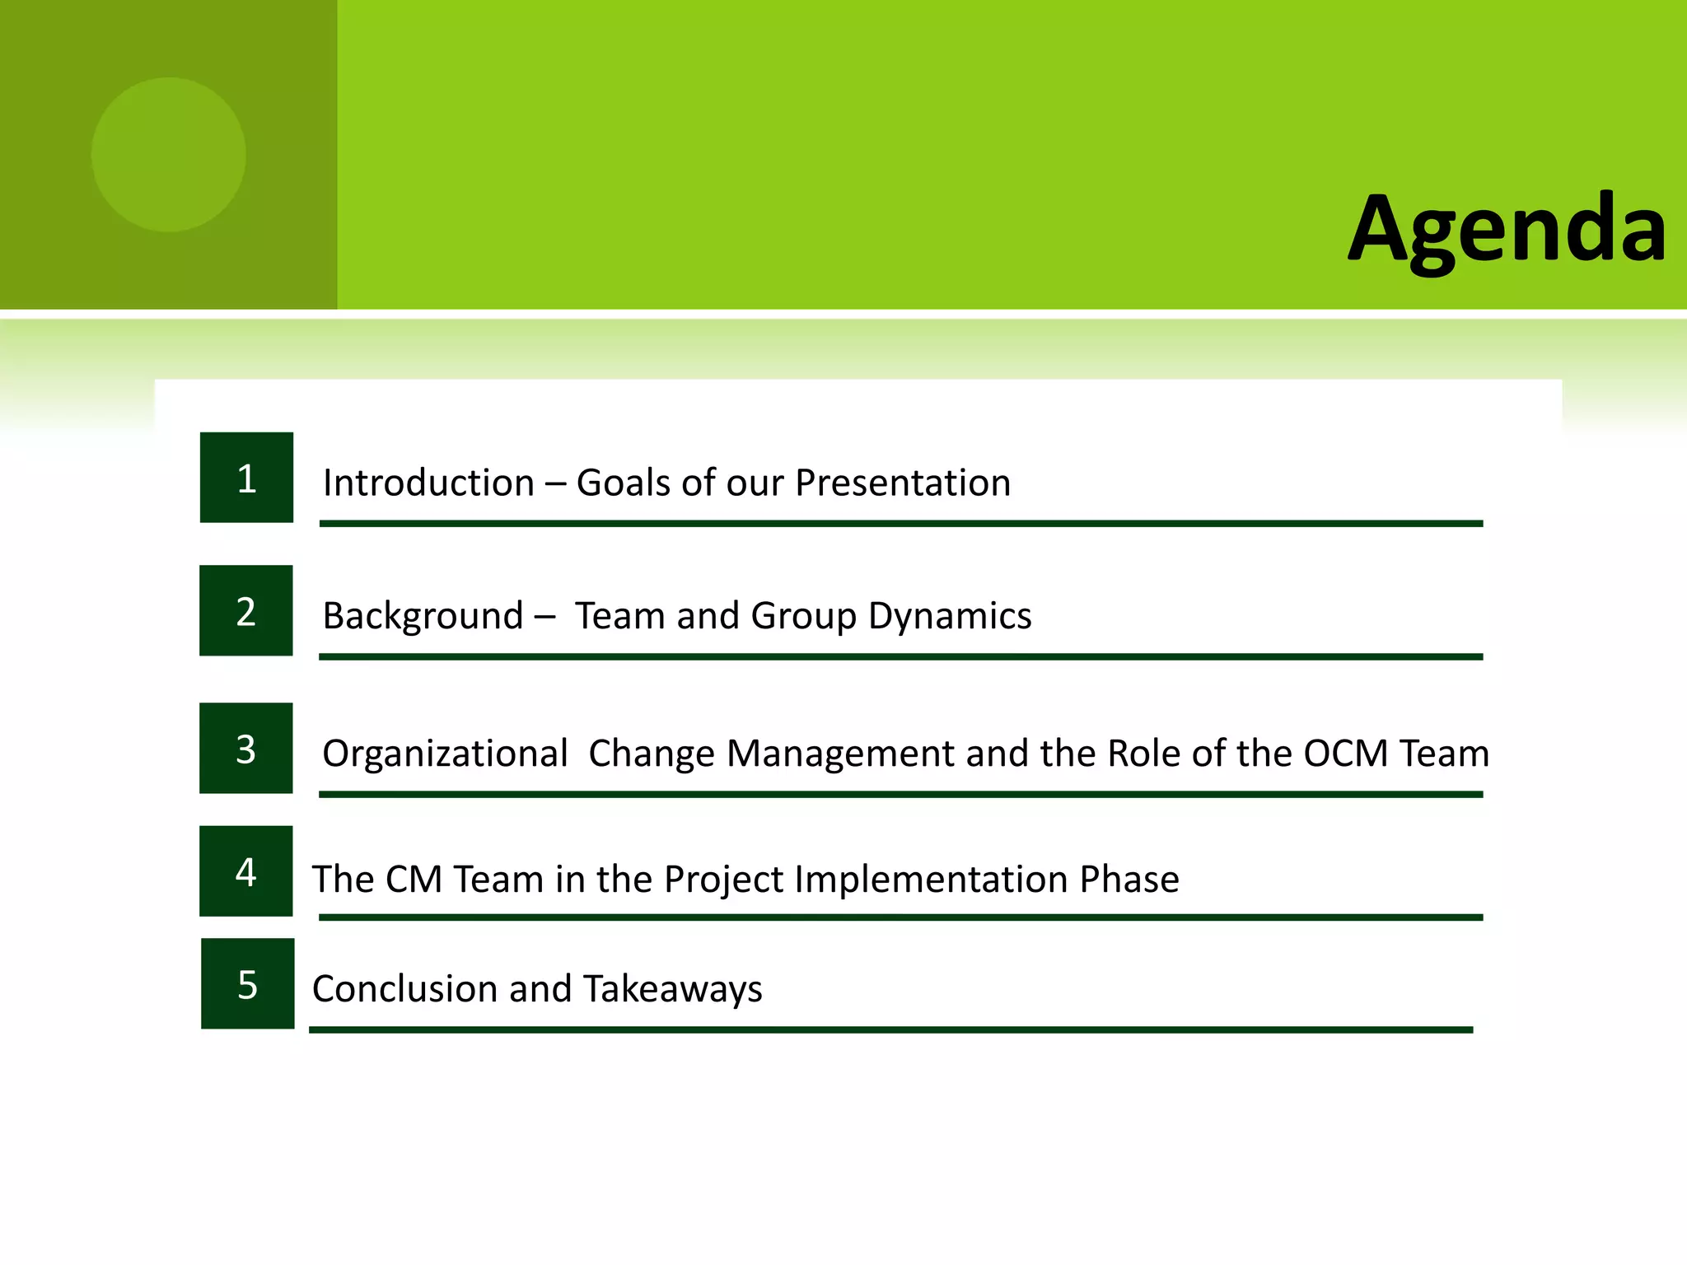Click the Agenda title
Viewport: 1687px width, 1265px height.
tap(1507, 229)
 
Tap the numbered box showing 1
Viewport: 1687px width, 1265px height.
tap(246, 478)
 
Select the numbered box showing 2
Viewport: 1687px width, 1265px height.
tap(245, 611)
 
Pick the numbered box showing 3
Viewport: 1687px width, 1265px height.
tap(245, 749)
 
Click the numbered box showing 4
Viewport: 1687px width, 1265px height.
tap(245, 871)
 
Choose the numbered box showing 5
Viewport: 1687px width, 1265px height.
tap(247, 984)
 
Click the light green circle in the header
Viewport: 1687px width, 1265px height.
tap(169, 155)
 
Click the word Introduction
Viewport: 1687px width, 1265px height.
tap(428, 483)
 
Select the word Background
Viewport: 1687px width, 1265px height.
tap(423, 616)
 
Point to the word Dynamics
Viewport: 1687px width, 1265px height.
tap(949, 616)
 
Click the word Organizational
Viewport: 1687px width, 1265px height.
tap(445, 754)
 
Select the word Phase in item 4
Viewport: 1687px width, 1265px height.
tap(1129, 880)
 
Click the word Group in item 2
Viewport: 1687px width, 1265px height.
tap(803, 616)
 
